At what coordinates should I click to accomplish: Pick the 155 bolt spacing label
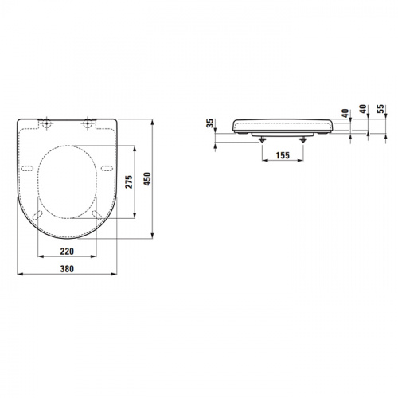click(x=282, y=156)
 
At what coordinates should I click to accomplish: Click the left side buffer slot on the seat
click(x=29, y=166)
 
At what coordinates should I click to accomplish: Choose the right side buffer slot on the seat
click(x=106, y=166)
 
